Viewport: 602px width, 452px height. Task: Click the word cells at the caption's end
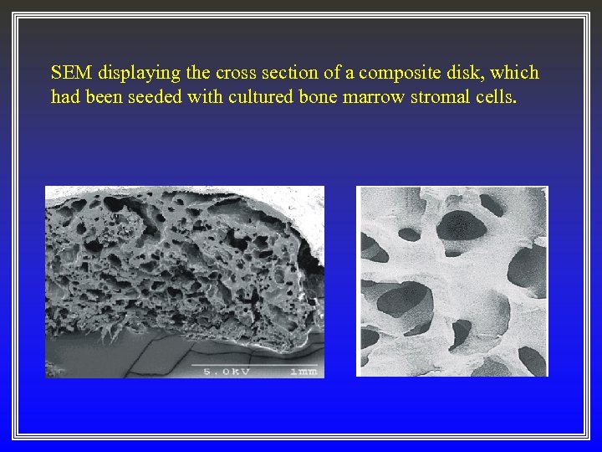pos(501,97)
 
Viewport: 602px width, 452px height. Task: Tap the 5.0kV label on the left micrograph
pos(227,370)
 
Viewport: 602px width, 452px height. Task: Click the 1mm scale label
pos(303,370)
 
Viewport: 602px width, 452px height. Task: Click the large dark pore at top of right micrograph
pos(458,224)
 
